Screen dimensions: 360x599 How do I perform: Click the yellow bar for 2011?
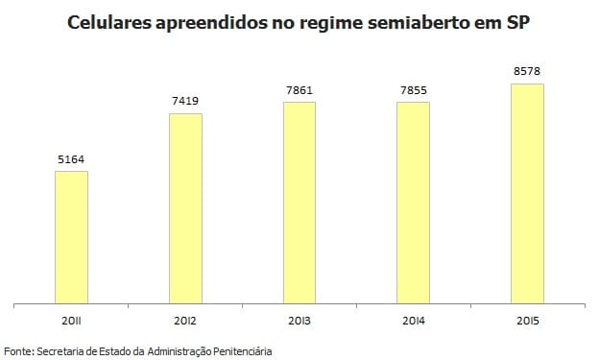point(71,236)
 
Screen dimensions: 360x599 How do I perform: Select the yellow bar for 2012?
point(185,207)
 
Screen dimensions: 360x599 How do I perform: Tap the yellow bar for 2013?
point(299,202)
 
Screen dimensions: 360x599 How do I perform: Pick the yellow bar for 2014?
point(413,202)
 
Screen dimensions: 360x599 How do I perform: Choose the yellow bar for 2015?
point(527,192)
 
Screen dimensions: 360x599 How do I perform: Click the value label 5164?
point(71,159)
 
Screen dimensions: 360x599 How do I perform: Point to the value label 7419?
point(185,102)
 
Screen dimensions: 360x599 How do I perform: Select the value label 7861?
point(299,90)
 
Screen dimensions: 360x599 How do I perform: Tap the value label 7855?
point(413,90)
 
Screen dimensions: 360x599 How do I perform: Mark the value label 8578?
point(527,72)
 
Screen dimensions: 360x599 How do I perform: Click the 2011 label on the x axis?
point(71,319)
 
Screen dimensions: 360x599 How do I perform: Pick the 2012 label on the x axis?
point(185,319)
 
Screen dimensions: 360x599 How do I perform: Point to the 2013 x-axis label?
point(299,319)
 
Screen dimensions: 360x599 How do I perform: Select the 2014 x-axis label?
point(413,319)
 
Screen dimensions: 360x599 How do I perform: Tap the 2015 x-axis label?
point(527,319)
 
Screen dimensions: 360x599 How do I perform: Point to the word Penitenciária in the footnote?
point(241,351)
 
